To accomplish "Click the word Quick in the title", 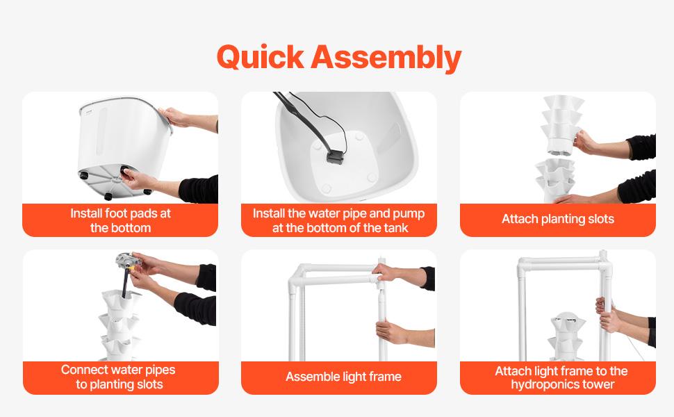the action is [x=261, y=57].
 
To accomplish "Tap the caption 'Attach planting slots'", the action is [x=557, y=219].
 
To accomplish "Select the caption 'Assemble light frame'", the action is [x=343, y=377].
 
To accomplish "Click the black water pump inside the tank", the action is [x=334, y=156].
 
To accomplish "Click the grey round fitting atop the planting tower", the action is [x=128, y=260].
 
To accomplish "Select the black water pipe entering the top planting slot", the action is [x=125, y=281].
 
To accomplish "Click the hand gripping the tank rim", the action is [x=175, y=117].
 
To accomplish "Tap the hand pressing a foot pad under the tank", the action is [x=138, y=179].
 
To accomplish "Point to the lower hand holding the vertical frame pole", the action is [x=392, y=332].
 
